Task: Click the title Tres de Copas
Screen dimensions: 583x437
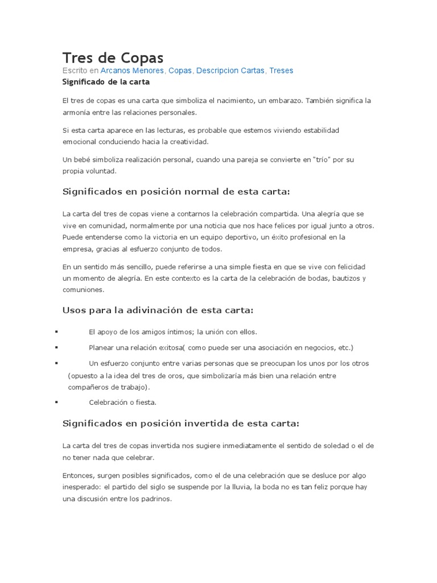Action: pyautogui.click(x=113, y=58)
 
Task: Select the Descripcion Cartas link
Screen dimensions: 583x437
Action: pyautogui.click(x=231, y=71)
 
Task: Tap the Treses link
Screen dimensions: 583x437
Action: pyautogui.click(x=281, y=71)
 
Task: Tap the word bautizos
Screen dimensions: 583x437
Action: pyautogui.click(x=345, y=278)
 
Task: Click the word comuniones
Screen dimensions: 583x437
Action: pyautogui.click(x=83, y=289)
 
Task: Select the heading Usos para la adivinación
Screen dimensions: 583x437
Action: pyautogui.click(x=157, y=310)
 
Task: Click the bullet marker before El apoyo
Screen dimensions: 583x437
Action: pyautogui.click(x=56, y=331)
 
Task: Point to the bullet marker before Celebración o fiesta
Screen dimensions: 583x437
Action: pyautogui.click(x=56, y=402)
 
